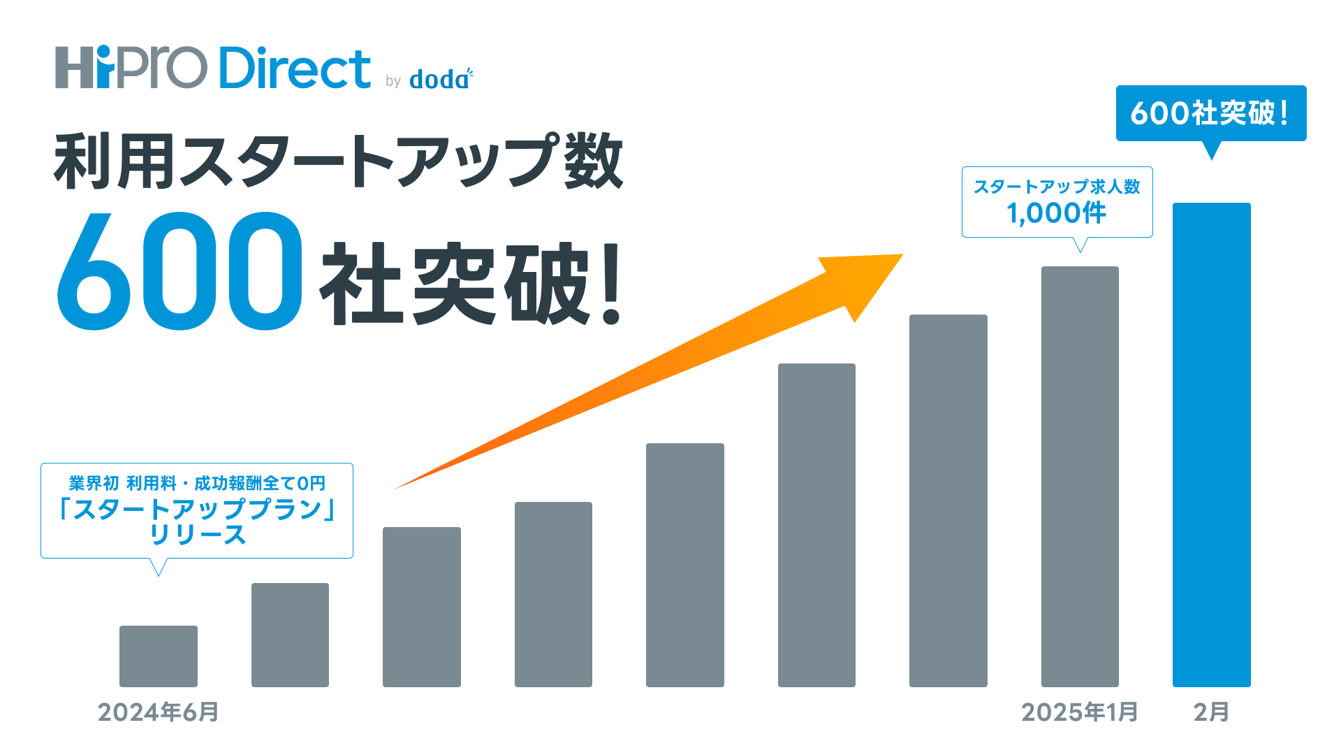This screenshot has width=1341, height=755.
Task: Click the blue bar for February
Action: point(1211,445)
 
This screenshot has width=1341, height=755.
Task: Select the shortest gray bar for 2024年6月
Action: point(159,656)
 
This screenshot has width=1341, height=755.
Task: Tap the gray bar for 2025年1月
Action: point(1080,477)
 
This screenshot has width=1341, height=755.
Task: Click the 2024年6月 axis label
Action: point(159,712)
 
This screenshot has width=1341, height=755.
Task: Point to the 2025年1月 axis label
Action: point(1080,712)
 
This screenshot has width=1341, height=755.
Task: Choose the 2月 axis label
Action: point(1211,712)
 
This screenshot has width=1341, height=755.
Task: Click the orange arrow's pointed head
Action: point(901,256)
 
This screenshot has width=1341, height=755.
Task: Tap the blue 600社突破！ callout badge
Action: point(1211,113)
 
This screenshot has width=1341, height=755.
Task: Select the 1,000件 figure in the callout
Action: point(1057,213)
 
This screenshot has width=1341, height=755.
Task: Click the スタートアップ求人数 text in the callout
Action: point(1057,187)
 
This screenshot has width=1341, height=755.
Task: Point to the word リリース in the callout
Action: point(198,535)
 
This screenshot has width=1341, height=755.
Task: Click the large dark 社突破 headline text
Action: point(454,283)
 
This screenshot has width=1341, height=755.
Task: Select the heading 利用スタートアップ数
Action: point(338,161)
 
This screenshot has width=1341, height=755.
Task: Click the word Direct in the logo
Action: point(295,68)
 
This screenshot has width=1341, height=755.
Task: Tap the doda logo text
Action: point(441,79)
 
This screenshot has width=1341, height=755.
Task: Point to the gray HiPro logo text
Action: point(131,67)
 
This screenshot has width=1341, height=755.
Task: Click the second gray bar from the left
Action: point(290,635)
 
